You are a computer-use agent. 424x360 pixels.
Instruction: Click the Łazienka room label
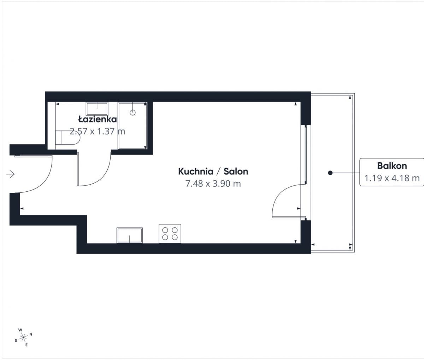[x=98, y=119]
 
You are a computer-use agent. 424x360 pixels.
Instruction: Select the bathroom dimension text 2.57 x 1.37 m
[x=98, y=131]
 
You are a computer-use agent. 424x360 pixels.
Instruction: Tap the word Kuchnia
[x=196, y=171]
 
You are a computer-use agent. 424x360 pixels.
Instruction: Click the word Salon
[x=236, y=171]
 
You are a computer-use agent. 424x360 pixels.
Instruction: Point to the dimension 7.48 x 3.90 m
[x=213, y=184]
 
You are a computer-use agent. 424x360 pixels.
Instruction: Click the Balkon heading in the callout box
[x=392, y=166]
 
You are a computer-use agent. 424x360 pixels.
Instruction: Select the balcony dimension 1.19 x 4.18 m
[x=392, y=178]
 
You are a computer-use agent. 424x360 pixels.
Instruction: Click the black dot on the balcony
[x=330, y=173]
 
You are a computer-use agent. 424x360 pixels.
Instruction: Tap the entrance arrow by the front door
[x=11, y=174]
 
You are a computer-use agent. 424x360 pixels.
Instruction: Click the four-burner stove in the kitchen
[x=170, y=233]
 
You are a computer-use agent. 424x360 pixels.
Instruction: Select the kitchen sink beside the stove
[x=130, y=235]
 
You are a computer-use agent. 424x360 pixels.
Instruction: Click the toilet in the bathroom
[x=67, y=138]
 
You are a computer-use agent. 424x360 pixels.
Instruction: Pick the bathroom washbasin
[x=97, y=109]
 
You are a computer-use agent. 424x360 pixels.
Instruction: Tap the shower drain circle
[x=133, y=112]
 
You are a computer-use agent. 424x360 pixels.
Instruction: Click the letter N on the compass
[x=31, y=334]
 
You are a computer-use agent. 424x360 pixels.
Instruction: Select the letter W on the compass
[x=20, y=330]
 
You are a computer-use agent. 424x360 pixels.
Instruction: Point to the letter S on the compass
[x=16, y=341]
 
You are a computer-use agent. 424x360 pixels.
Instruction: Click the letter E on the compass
[x=26, y=345]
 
